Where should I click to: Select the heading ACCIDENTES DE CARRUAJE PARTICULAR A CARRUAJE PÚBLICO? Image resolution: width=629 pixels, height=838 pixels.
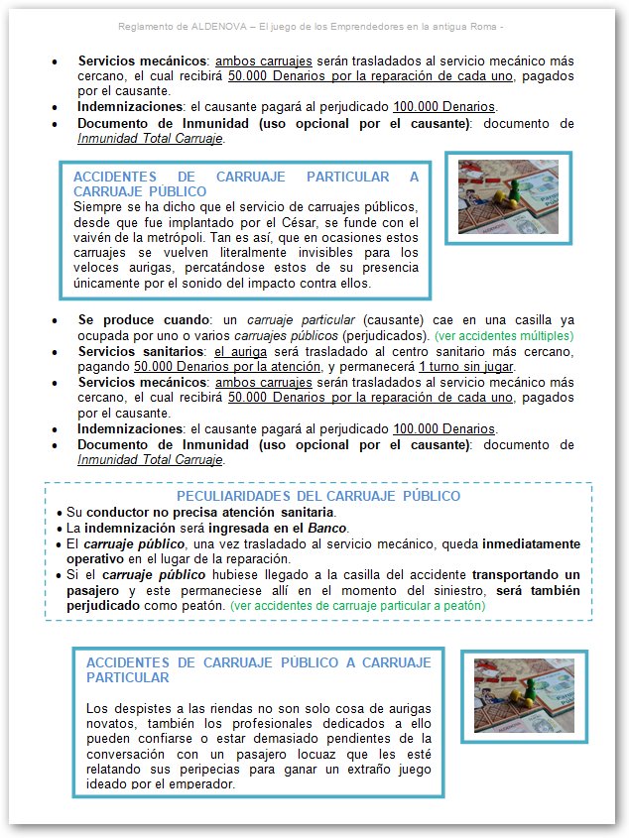point(246,183)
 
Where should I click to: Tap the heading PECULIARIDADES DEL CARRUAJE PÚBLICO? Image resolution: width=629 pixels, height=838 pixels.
point(317,496)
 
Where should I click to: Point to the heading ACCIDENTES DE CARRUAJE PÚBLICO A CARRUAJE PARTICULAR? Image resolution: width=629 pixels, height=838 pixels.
point(259,669)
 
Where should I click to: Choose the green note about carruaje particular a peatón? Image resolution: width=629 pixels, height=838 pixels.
point(357,605)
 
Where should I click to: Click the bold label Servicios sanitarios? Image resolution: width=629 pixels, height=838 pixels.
point(142,352)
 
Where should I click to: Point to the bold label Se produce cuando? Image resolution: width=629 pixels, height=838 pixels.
point(143,321)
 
